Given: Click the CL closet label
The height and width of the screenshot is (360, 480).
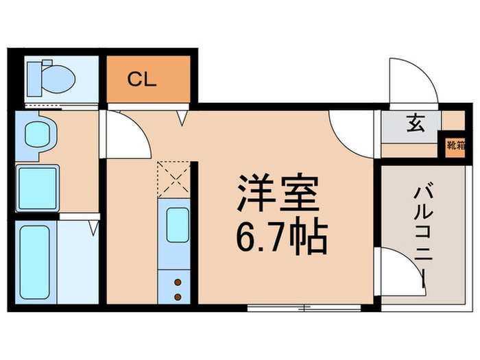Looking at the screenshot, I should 143,78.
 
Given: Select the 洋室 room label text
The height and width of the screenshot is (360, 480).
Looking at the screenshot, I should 278,195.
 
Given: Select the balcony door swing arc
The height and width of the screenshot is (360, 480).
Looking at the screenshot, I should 401,267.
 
